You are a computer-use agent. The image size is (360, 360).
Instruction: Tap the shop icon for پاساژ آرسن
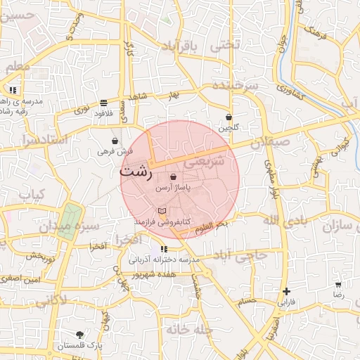point(173,177)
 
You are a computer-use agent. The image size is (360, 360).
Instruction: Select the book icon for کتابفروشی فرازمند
point(162,210)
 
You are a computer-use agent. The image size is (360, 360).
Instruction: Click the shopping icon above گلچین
point(229,117)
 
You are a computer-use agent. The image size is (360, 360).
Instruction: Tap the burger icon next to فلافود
point(104,103)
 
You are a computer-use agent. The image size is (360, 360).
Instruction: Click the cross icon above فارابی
point(285,291)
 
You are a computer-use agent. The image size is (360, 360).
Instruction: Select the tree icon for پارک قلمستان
point(79,335)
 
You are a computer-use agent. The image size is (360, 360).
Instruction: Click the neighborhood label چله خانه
point(189,328)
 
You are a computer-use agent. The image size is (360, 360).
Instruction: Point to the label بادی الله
point(285,221)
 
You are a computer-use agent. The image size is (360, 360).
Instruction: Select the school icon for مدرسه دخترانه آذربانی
point(164,249)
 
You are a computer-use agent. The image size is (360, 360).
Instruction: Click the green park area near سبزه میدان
point(70,219)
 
